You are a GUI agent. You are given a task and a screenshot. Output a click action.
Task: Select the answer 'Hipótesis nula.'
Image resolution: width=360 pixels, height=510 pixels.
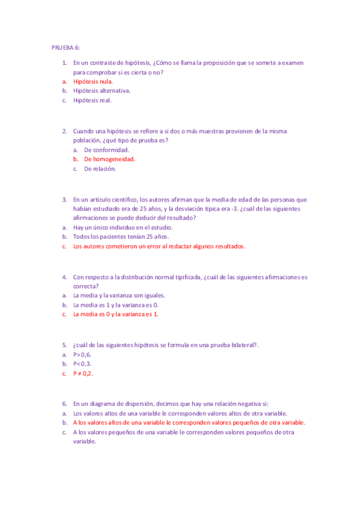pos(93,81)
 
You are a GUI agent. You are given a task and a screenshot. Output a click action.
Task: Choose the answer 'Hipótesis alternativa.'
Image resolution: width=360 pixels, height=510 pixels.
pos(102,91)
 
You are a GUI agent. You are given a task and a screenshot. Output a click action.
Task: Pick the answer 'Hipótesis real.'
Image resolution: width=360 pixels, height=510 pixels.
pos(93,100)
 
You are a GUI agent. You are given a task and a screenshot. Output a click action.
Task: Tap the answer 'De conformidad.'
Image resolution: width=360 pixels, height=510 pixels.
pos(106,150)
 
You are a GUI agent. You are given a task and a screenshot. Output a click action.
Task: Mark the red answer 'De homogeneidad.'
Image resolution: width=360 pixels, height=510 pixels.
pos(109,159)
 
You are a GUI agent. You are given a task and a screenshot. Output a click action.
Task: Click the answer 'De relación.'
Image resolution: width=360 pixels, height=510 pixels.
pos(100,169)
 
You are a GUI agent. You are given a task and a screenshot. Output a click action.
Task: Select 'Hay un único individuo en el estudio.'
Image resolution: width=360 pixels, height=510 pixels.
pos(123,227)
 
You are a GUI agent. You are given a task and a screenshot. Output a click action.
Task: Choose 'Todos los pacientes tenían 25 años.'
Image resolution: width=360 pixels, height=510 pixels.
pos(121,237)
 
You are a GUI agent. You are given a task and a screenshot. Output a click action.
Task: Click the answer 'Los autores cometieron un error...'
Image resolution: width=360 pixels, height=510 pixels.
pos(159,247)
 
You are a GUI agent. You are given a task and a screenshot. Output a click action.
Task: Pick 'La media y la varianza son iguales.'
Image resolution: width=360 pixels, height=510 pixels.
pos(119,295)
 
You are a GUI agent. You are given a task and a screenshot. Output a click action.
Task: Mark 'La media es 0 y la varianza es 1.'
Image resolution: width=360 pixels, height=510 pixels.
pos(116,314)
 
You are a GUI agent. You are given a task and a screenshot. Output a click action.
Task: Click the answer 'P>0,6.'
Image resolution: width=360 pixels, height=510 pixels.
pos(82,354)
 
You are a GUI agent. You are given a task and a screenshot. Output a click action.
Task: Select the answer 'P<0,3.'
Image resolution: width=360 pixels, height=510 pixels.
pos(82,364)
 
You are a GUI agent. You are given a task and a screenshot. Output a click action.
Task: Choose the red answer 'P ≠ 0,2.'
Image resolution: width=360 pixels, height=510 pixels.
pos(84,373)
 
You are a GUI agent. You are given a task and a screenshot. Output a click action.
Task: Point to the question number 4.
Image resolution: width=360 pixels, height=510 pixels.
pos(64,277)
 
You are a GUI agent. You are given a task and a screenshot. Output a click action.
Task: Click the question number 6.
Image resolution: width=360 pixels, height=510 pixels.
pos(64,404)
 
